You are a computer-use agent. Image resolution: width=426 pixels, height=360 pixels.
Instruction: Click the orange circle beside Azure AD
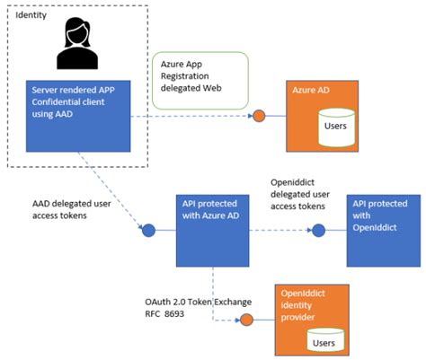click(x=258, y=116)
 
